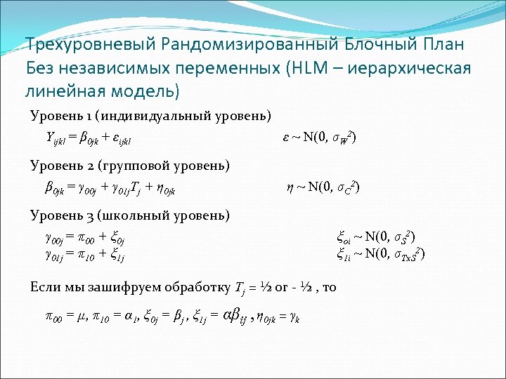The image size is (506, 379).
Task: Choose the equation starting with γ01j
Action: (85, 253)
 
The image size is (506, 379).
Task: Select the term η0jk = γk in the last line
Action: (283, 317)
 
